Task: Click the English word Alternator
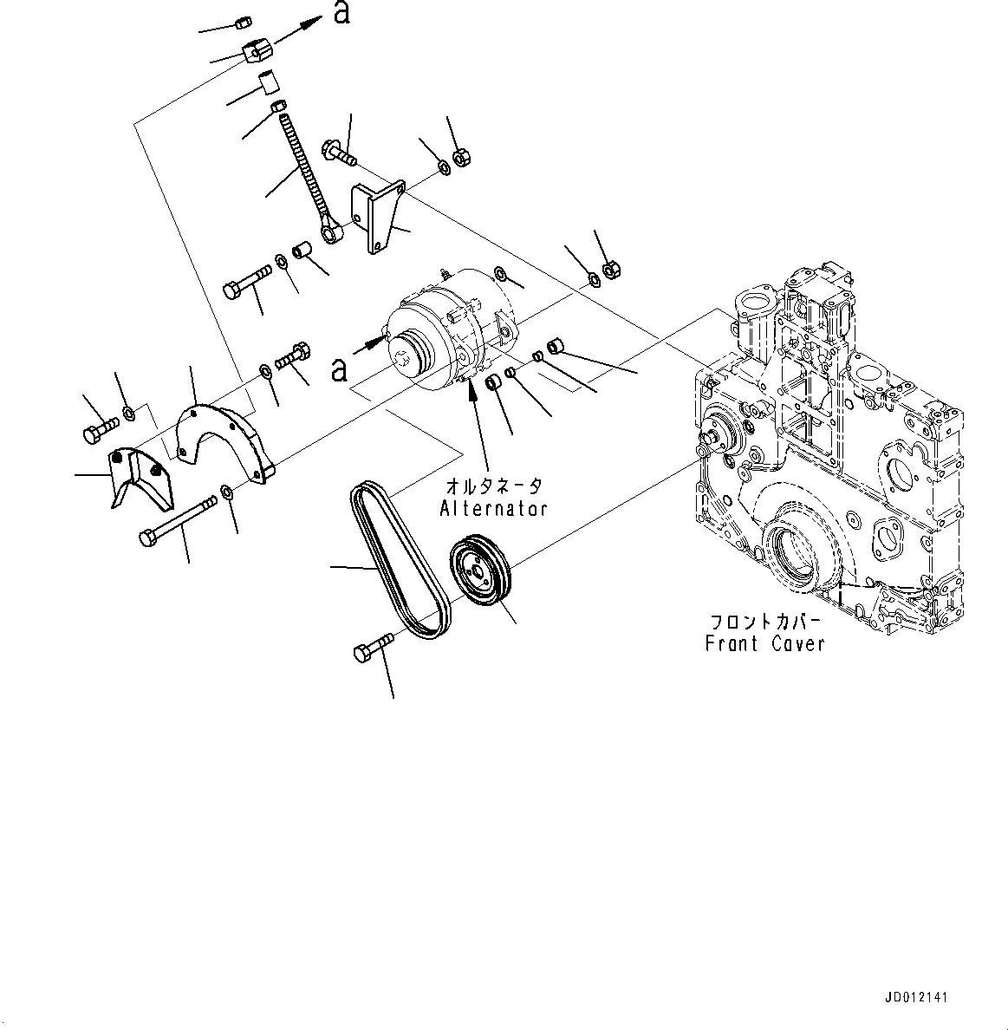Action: tap(493, 508)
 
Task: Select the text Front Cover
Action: tap(764, 643)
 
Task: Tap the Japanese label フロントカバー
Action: tap(764, 622)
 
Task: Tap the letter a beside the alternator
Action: tap(340, 368)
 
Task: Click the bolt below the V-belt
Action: tap(374, 647)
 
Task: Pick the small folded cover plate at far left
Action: tap(138, 476)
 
